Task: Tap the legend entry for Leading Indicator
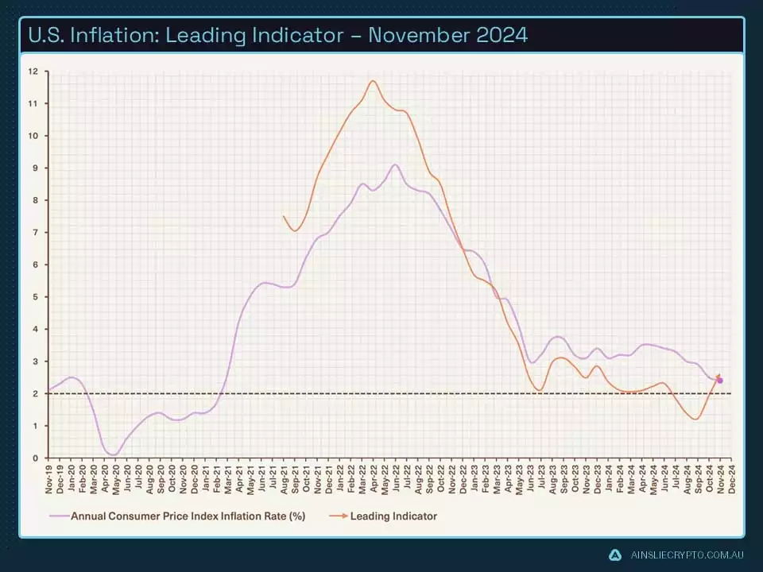[393, 516]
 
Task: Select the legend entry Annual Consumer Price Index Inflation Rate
[188, 516]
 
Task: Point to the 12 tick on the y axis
[33, 71]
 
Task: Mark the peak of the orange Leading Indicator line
[373, 81]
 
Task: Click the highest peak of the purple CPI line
[395, 165]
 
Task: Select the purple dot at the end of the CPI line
[720, 381]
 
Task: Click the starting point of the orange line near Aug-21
[284, 216]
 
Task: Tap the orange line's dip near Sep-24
[696, 419]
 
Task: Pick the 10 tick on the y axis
[33, 136]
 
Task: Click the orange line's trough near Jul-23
[540, 390]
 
